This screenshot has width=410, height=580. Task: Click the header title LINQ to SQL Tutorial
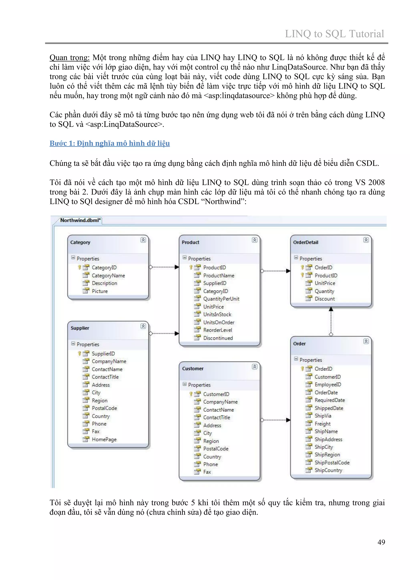(x=334, y=34)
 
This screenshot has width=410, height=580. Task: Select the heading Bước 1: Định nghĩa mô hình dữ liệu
(x=110, y=143)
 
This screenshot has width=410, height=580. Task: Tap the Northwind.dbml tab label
(x=80, y=220)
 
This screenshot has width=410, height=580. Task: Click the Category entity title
(x=80, y=242)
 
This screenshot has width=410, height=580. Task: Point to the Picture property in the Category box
(x=100, y=291)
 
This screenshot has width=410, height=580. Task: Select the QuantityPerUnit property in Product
(x=221, y=299)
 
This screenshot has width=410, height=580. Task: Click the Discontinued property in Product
(x=218, y=338)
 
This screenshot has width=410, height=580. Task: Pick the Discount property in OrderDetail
(x=324, y=299)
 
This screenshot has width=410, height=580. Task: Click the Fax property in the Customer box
(x=207, y=472)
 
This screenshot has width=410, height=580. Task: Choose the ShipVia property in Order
(x=323, y=416)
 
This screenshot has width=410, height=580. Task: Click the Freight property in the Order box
(x=322, y=424)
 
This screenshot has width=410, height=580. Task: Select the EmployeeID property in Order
(x=328, y=385)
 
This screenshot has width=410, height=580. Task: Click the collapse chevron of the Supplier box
(x=143, y=326)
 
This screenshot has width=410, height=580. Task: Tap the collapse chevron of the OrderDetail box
(x=366, y=240)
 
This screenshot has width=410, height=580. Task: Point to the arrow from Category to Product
(x=164, y=267)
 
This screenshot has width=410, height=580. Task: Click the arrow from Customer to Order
(x=275, y=420)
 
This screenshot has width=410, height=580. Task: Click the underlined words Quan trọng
(x=69, y=58)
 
